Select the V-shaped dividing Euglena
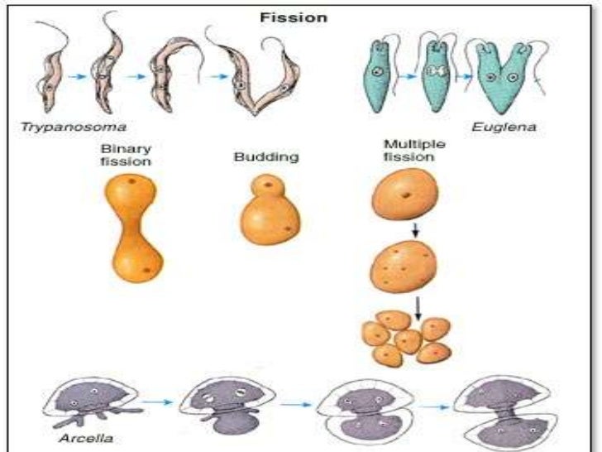point(501,79)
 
